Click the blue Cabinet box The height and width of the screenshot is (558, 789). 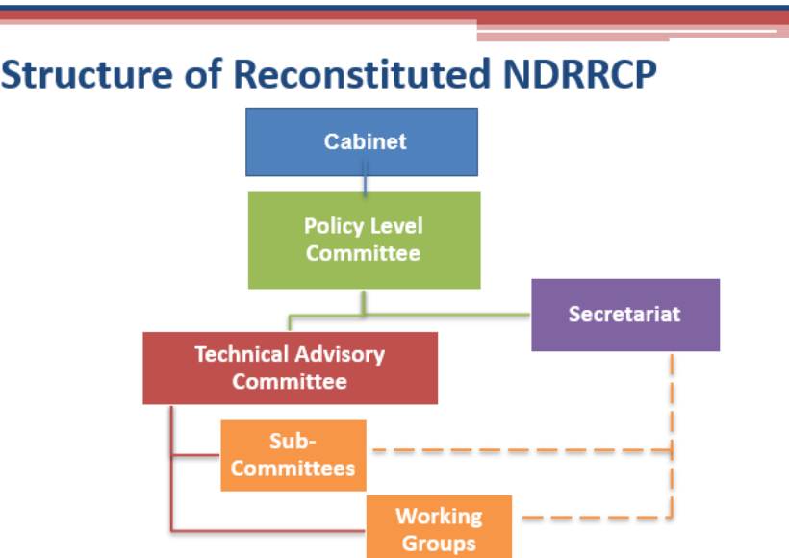point(362,141)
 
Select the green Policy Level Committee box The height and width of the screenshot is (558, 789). point(365,241)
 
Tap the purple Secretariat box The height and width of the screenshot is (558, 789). point(625,315)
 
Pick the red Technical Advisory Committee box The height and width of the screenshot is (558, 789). point(291,368)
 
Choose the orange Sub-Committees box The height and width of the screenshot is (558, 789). point(293,455)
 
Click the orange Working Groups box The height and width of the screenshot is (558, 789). point(440,527)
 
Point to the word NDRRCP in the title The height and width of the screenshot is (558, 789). point(579,74)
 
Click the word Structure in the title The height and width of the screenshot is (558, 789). point(87,74)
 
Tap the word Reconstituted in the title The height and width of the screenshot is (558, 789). point(362,74)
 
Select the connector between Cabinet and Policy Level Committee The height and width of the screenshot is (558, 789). point(366,179)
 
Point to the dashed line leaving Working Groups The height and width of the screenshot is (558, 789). point(598,517)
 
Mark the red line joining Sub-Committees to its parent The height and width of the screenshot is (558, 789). point(195,455)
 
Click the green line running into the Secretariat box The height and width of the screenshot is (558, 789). point(447,315)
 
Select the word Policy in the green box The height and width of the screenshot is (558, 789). point(333,226)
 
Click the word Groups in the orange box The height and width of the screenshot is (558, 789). point(439,544)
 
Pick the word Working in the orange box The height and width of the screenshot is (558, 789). point(439,517)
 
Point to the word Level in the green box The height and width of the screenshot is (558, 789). point(395,226)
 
